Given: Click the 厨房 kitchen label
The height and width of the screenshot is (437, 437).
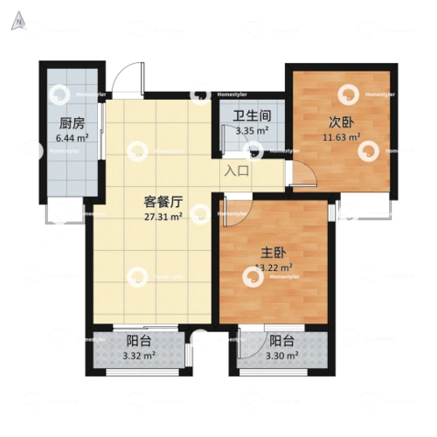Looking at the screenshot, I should click(x=73, y=123).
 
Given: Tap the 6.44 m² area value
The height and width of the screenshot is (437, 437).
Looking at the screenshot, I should click(x=73, y=138).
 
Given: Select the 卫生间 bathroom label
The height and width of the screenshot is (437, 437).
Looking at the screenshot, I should click(x=251, y=116).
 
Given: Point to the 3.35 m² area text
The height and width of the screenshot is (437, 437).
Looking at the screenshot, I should click(x=251, y=132).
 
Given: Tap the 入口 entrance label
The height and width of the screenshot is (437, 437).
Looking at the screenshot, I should click(x=237, y=171).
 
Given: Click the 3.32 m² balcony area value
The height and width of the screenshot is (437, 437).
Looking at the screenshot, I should click(x=139, y=357).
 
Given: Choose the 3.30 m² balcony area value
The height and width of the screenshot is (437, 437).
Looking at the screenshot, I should click(x=281, y=357).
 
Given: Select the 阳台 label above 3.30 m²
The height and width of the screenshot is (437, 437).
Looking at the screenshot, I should click(x=281, y=342).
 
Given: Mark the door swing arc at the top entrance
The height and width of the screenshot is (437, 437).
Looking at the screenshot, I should click(x=128, y=78).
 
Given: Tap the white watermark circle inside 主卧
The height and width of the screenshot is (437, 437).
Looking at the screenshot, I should click(x=252, y=276).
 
